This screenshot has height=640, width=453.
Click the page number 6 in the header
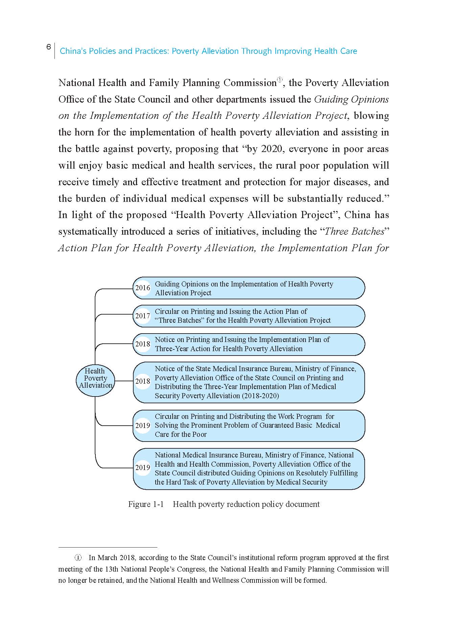click(x=49, y=47)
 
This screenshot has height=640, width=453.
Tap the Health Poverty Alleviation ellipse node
click(x=95, y=378)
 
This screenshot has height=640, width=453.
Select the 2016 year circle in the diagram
click(x=142, y=288)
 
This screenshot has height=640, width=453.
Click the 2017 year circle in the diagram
click(x=142, y=316)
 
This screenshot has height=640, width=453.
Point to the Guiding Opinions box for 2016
click(x=249, y=288)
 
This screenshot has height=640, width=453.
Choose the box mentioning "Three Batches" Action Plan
click(x=249, y=316)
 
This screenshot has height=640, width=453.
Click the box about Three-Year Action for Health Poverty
click(x=249, y=344)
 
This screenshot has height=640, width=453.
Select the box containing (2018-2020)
click(x=249, y=382)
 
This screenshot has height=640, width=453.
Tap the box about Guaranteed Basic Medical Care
click(x=249, y=426)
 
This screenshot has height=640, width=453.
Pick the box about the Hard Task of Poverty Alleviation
click(x=249, y=469)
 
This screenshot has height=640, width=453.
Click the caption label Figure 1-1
click(x=146, y=504)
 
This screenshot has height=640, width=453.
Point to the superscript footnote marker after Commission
click(x=280, y=80)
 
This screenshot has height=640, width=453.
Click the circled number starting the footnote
click(x=78, y=558)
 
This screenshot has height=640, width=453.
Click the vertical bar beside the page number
click(x=55, y=51)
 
